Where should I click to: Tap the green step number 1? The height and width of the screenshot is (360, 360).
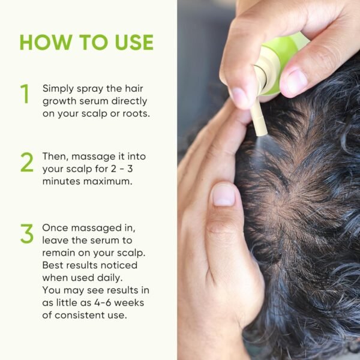click(x=25, y=94)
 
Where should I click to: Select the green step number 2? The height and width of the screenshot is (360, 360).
click(x=26, y=162)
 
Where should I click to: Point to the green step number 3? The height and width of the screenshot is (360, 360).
click(x=26, y=234)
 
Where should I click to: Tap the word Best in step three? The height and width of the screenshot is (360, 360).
click(x=53, y=265)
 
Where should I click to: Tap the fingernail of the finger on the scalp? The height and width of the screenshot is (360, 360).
click(x=223, y=193)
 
